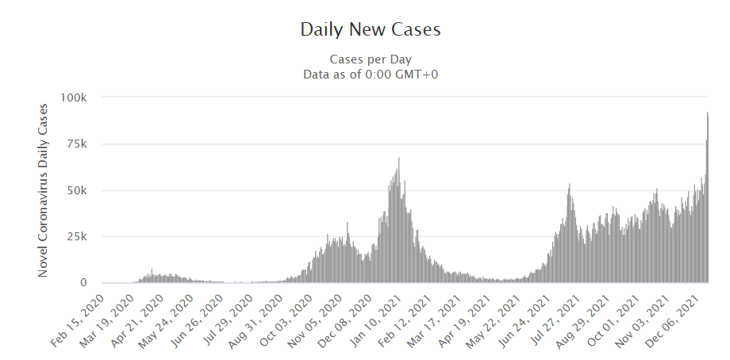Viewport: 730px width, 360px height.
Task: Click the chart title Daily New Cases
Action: point(370,30)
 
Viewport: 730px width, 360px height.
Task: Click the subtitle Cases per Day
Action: point(370,59)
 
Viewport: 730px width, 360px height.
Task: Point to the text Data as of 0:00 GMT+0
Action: point(370,75)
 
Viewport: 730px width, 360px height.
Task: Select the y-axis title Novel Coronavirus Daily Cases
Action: point(44,190)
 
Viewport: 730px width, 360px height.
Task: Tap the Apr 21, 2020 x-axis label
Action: point(136,317)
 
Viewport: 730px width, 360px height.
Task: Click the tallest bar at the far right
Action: point(707,198)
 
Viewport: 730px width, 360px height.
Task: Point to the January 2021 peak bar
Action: point(398,222)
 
